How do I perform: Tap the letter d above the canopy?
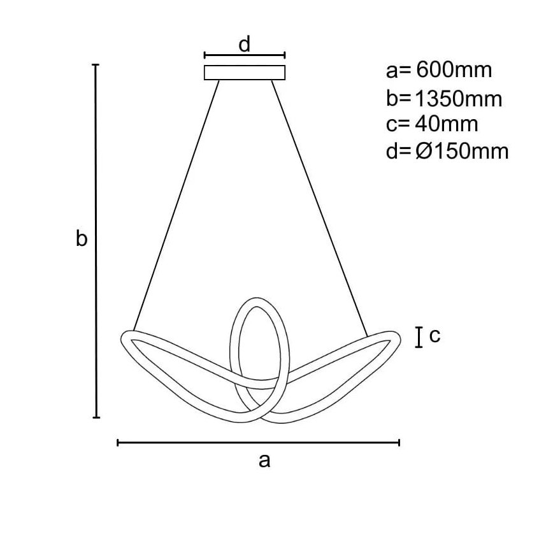(x=245, y=45)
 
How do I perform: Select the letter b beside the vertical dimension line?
(x=82, y=238)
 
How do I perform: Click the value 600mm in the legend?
(x=454, y=70)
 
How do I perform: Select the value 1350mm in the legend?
(x=458, y=99)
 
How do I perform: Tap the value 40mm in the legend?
(x=447, y=124)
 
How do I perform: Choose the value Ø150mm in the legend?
(x=462, y=152)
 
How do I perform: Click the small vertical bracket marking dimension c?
(x=419, y=338)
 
